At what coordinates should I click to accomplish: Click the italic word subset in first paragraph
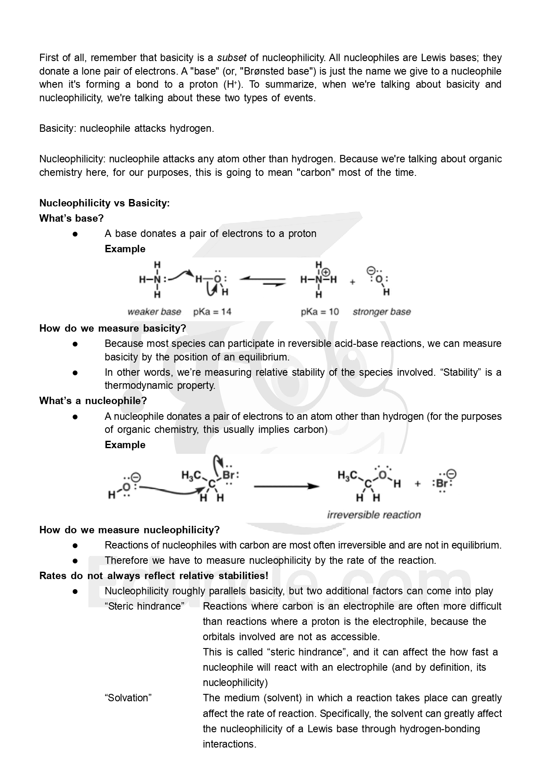tap(232, 58)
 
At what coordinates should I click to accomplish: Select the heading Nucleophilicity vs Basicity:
tap(104, 203)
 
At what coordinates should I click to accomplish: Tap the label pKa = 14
tap(212, 312)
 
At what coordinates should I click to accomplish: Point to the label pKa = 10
tap(320, 312)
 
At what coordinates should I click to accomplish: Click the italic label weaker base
tap(154, 312)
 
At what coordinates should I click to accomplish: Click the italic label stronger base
tap(382, 312)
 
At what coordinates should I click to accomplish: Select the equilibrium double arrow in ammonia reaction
tap(263, 281)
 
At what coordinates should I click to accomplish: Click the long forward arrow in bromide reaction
tap(287, 486)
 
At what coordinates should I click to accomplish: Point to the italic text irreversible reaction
tap(374, 515)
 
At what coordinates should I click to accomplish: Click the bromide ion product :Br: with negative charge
tap(443, 484)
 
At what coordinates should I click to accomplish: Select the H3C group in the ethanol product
tap(348, 475)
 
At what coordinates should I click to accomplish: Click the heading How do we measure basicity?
tap(113, 328)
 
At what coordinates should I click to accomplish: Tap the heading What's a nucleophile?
tap(93, 401)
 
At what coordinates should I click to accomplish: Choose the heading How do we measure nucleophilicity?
tap(130, 530)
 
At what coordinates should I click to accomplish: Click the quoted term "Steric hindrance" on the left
tap(144, 606)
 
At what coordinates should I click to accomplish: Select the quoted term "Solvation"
tap(128, 698)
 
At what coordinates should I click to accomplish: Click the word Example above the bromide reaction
tap(125, 445)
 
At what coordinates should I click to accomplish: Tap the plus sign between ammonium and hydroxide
tap(353, 282)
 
